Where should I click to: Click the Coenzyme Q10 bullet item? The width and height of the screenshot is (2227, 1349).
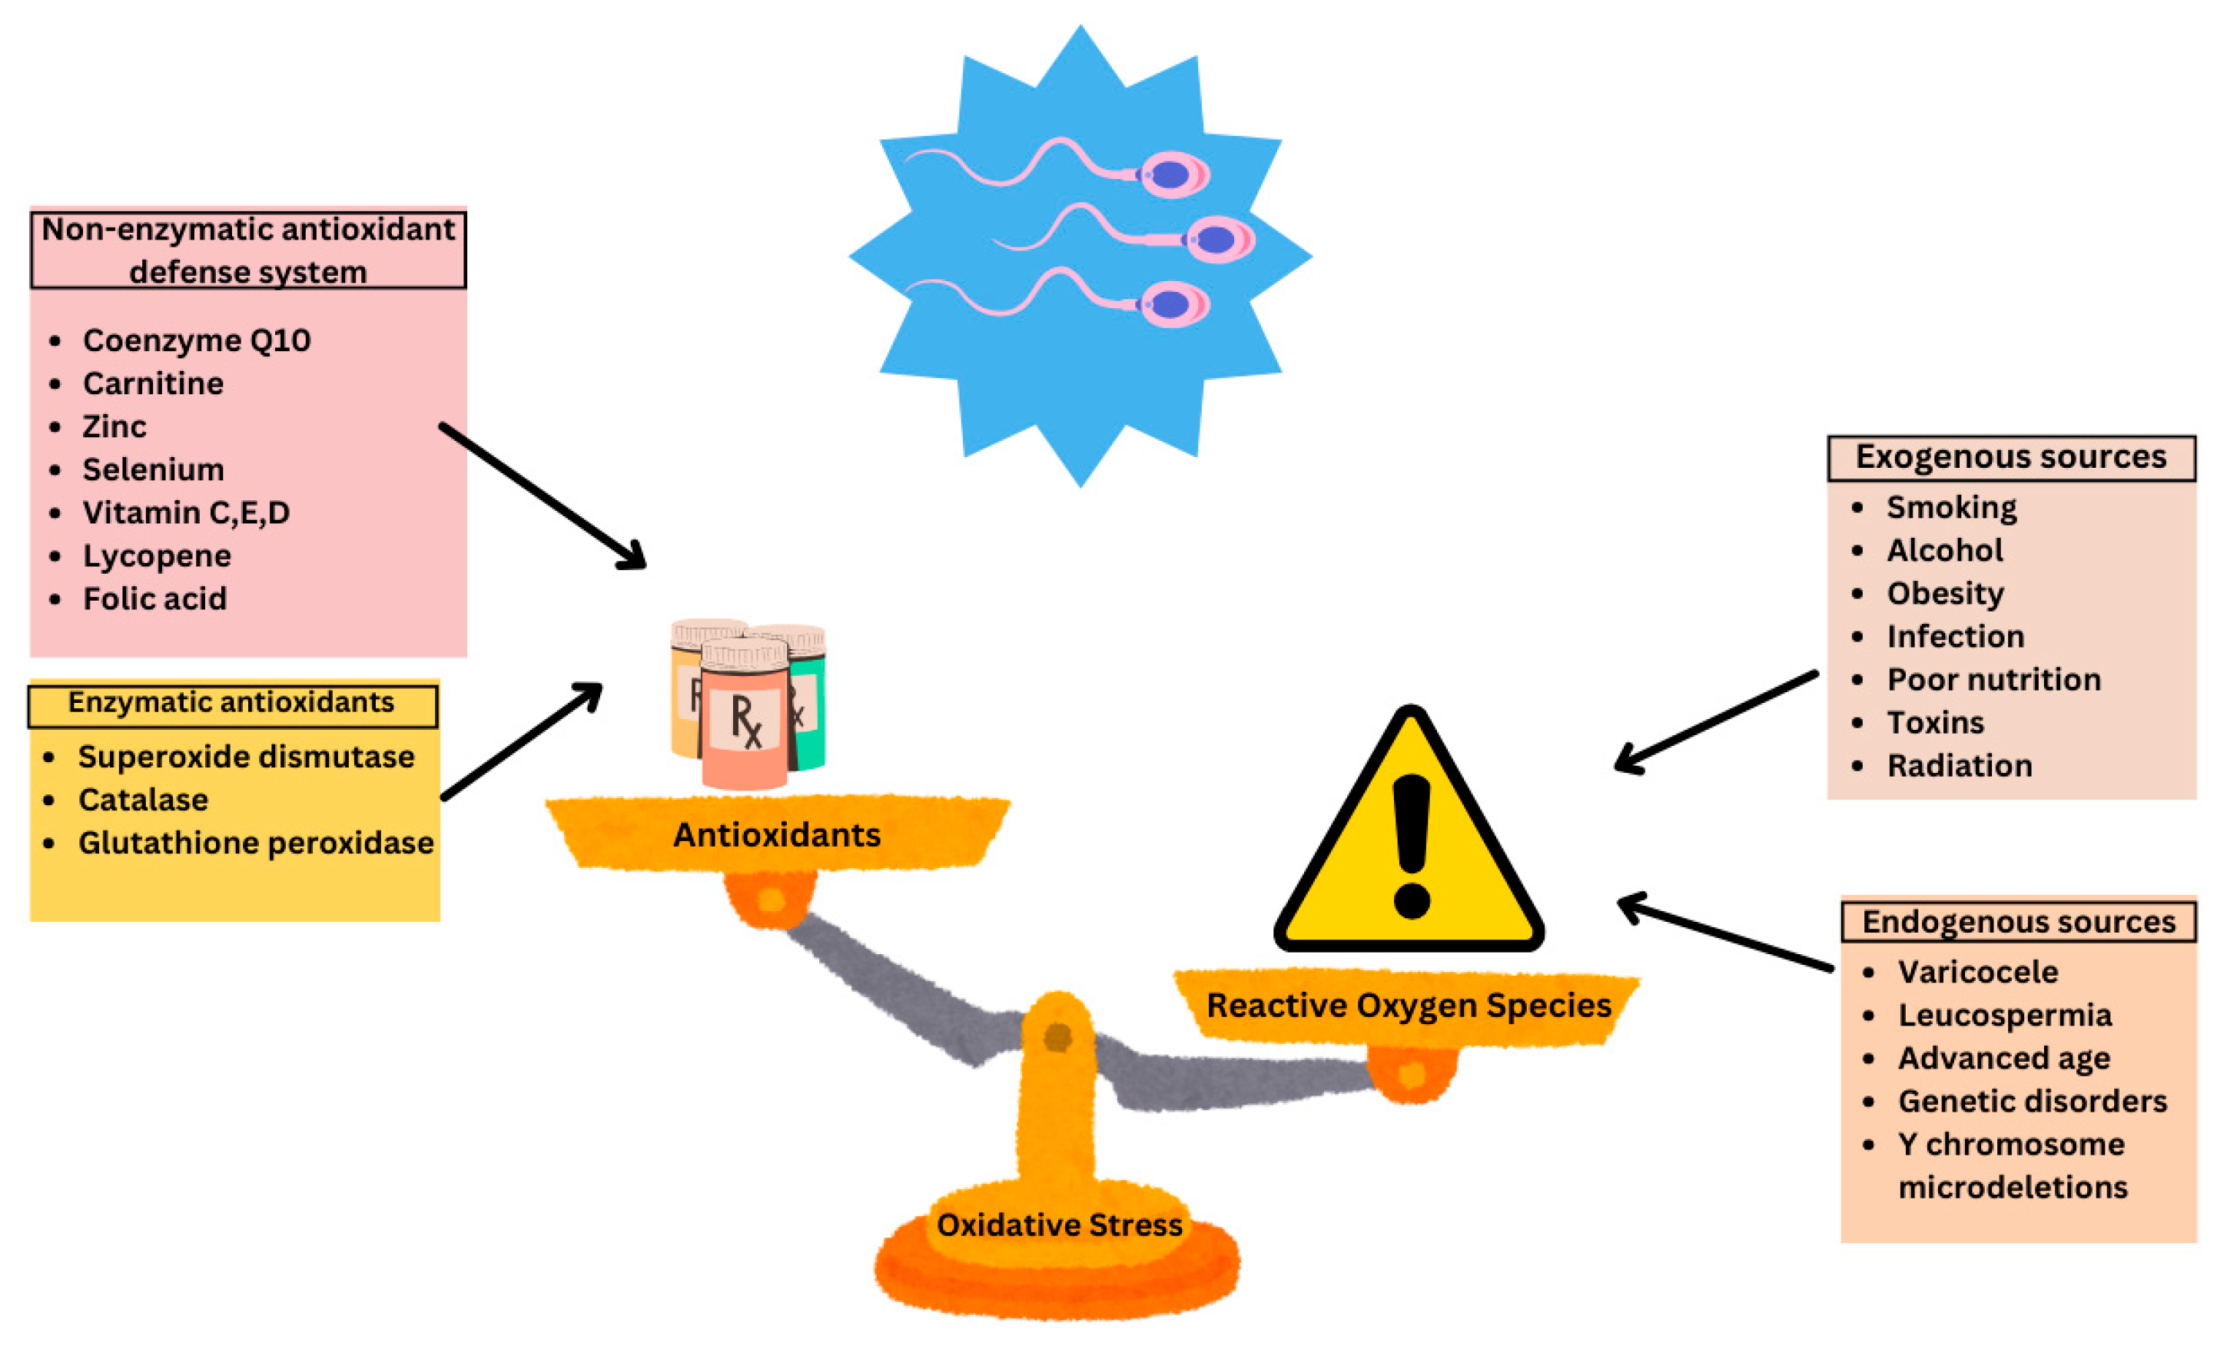point(196,340)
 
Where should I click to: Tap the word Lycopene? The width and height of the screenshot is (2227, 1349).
point(156,555)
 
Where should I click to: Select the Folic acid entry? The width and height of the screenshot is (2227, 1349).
point(154,599)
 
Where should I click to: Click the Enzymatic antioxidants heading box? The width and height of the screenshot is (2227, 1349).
point(232,704)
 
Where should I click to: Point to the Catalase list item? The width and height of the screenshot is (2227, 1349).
point(143,800)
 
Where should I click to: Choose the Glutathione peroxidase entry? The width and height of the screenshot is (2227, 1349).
point(256,843)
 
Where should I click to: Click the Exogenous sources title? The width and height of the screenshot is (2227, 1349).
point(2010,457)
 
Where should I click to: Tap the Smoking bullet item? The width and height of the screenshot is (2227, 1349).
point(1950,507)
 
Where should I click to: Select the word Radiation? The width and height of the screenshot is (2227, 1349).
point(1959,765)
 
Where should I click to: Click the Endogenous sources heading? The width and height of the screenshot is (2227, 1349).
point(2017,922)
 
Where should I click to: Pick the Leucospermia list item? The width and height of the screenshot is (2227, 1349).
point(2003,1015)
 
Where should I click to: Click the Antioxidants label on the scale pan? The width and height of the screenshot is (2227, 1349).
point(776,835)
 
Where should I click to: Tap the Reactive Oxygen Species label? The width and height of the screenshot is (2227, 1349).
point(1408,1005)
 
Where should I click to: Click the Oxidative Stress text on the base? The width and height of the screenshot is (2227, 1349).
point(1058,1225)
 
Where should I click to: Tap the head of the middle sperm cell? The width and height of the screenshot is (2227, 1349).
point(1217,240)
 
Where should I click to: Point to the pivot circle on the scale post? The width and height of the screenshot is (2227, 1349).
point(1057,1036)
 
